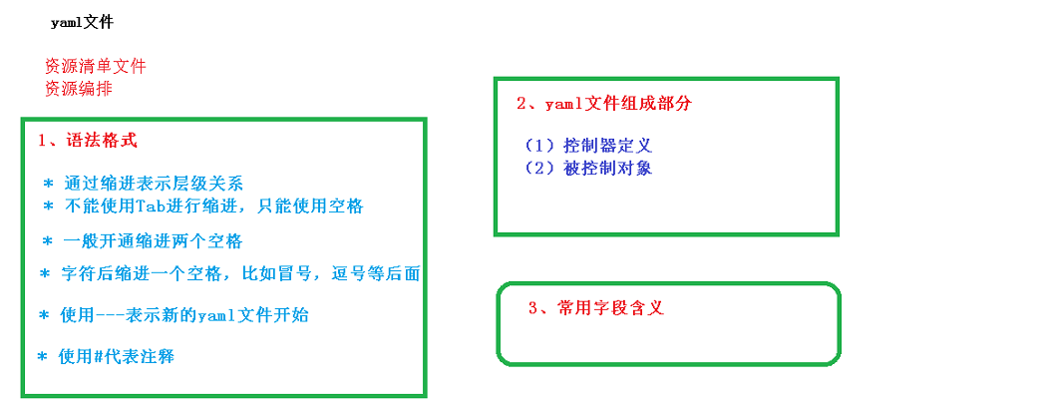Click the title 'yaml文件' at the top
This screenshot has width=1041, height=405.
click(89, 22)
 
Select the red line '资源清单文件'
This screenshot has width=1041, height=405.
click(95, 66)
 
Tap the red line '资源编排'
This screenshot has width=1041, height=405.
click(78, 88)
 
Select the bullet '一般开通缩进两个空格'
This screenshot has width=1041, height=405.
click(153, 241)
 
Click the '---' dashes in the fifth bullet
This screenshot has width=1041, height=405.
click(110, 315)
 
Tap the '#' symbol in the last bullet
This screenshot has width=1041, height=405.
click(99, 356)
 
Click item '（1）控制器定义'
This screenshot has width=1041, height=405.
click(587, 147)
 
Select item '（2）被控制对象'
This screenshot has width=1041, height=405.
click(587, 168)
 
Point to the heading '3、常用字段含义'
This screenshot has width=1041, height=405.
click(595, 308)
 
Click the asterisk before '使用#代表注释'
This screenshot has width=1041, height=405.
click(42, 357)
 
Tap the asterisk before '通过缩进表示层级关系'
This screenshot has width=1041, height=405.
click(47, 185)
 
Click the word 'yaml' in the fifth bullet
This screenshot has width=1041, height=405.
click(217, 315)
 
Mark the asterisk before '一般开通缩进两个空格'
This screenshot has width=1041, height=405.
click(47, 242)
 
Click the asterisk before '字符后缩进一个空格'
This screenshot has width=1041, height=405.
click(45, 273)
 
